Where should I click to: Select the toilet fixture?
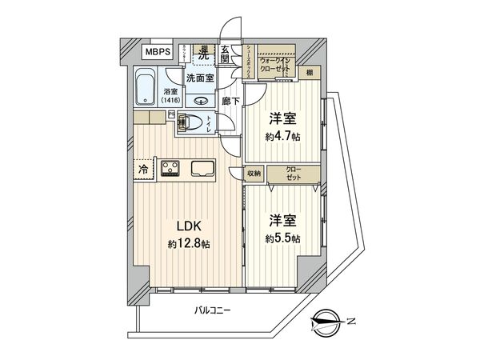(194, 123)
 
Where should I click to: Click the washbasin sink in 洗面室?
(201, 101)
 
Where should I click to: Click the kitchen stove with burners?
(170, 168)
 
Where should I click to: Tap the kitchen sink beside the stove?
(202, 168)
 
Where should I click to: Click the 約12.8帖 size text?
(189, 244)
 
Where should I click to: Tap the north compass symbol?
(329, 322)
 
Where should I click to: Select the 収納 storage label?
(254, 171)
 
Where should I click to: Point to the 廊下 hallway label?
(226, 102)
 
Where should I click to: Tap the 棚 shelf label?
(309, 74)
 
